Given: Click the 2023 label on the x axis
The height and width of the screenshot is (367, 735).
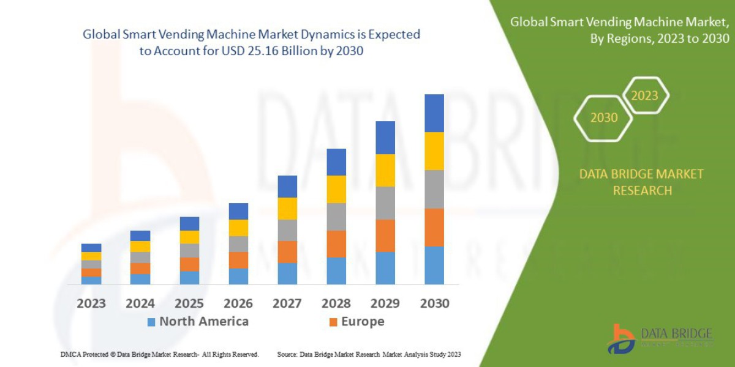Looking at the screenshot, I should coord(91,303).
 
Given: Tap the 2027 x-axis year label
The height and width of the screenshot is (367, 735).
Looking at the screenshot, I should coord(287,303).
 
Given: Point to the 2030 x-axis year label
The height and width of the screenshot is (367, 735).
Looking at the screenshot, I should coord(434,303).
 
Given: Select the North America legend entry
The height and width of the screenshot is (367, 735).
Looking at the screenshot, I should coord(198,322).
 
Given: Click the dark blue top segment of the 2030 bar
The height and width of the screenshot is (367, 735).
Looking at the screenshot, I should coord(434,113).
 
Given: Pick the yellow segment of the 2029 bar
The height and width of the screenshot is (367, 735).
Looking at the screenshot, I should coord(385,170).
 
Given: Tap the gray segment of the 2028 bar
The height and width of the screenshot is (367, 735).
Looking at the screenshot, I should coord(336,217).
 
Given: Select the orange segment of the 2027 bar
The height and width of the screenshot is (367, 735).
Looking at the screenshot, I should coord(287,251).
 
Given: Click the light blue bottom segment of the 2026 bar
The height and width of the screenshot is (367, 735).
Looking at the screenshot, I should coord(238,276).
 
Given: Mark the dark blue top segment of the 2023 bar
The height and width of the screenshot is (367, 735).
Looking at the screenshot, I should coord(91,248).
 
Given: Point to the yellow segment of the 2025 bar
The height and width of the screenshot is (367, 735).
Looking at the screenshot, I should coord(189,237).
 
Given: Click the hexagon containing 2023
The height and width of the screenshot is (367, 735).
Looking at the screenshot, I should coord(644,95).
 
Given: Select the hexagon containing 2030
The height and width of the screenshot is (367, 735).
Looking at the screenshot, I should coord(603,117).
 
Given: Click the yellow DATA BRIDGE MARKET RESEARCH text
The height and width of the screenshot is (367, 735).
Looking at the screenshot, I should coord(641,182).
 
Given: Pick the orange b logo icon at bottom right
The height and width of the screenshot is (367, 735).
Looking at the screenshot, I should coord(620,338).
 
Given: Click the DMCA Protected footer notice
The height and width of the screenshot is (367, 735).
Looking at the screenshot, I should coord(159,354).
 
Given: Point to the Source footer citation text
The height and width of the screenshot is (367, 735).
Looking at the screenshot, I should coord(369,354).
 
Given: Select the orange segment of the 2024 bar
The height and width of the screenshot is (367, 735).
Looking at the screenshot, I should coord(140,268).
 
